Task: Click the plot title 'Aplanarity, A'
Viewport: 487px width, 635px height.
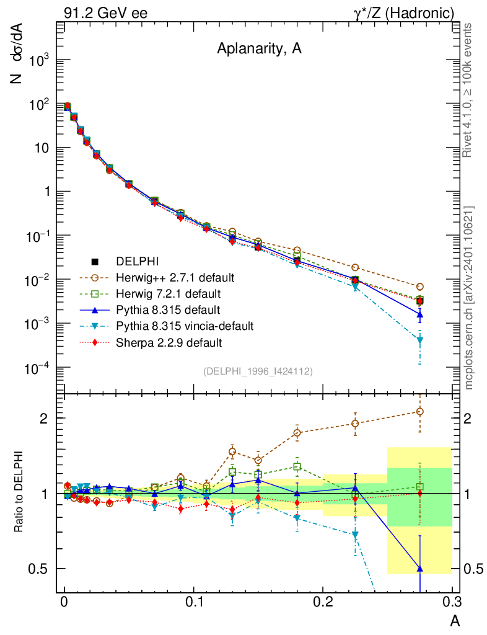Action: click(259, 50)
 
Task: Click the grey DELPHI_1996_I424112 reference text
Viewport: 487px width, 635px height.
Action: click(258, 371)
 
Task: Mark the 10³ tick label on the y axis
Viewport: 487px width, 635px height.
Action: click(38, 60)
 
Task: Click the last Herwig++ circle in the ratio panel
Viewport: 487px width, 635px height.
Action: click(420, 411)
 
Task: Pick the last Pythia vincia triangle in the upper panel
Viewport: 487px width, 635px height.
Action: click(420, 340)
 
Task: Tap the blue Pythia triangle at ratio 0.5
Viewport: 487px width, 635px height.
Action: click(420, 569)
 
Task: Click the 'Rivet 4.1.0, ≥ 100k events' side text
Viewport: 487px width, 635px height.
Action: click(469, 90)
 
